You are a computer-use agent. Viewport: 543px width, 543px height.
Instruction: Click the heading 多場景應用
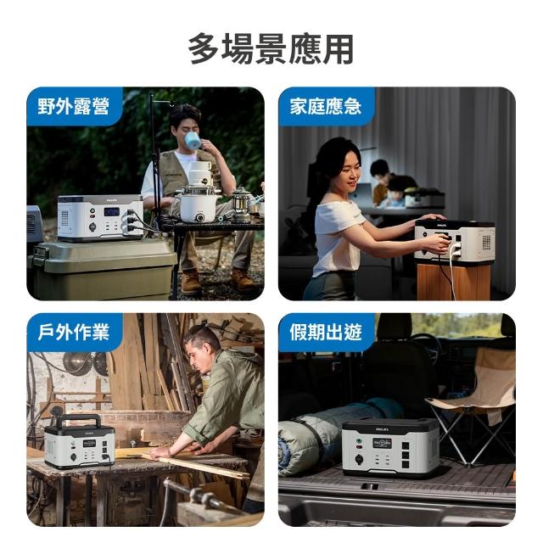[x=271, y=49]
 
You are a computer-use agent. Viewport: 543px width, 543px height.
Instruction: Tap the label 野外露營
[x=74, y=106]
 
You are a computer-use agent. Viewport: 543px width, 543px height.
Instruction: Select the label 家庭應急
[x=326, y=106]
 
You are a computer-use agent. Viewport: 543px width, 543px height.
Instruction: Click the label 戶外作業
[x=74, y=332]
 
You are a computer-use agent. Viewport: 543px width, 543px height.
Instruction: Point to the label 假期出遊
[x=326, y=332]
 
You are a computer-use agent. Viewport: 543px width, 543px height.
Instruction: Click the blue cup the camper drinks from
[x=192, y=140]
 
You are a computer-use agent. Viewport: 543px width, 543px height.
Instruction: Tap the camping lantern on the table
[x=241, y=204]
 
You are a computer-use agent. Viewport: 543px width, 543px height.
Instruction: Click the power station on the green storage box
[x=100, y=218]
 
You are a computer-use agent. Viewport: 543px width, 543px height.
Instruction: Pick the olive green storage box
[x=102, y=269]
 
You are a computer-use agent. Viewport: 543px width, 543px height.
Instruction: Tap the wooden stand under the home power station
[x=454, y=281]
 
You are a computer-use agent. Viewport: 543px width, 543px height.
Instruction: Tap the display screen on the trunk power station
[x=382, y=443]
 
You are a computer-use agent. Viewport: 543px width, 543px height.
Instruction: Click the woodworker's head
[x=201, y=346]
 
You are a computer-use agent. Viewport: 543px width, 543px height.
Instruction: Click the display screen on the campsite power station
[x=111, y=211]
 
